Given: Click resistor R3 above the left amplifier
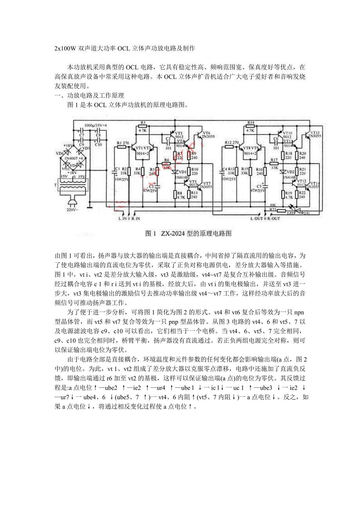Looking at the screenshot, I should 143,127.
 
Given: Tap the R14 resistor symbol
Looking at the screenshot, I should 251,126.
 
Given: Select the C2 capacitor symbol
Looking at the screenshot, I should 157,183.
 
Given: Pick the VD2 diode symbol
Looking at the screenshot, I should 284,172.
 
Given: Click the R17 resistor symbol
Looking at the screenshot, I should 274,163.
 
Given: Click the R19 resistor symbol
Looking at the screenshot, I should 284,194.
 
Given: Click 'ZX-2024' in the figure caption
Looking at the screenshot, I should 175,234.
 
